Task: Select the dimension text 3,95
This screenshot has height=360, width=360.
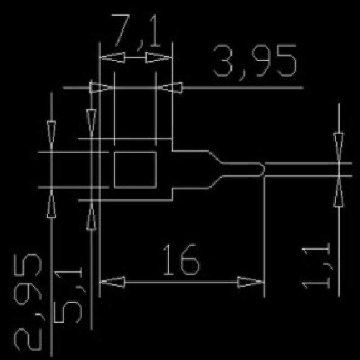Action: (255, 62)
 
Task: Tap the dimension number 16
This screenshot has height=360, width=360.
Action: (181, 260)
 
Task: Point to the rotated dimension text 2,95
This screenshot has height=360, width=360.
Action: (28, 302)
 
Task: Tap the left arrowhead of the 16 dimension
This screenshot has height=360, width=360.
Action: (113, 282)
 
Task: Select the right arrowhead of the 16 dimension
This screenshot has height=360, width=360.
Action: (250, 282)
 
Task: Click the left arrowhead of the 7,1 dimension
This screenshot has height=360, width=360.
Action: (113, 58)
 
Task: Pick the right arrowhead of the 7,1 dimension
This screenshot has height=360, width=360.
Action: (158, 58)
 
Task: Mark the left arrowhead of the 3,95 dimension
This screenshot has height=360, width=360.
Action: (101, 88)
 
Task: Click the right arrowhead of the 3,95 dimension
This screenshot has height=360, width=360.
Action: (170, 88)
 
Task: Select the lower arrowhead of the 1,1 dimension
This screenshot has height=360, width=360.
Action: (339, 192)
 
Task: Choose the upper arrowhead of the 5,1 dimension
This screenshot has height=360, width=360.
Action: (91, 123)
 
